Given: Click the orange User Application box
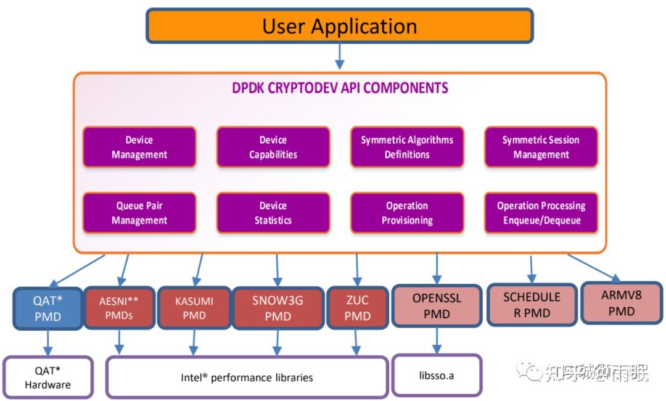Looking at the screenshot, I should coord(339,26).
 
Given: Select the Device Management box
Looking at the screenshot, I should coord(139,147).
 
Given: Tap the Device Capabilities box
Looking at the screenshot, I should coord(273,147).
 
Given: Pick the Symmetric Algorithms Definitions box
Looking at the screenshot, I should coord(407,147).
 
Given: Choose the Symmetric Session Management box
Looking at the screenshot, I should coord(541,147).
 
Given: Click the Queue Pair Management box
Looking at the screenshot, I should coord(139,213).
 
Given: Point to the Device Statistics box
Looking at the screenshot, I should coord(273,213).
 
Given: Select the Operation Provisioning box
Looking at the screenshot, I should coord(407,213).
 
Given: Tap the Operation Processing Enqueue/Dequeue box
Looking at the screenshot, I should coord(541,213).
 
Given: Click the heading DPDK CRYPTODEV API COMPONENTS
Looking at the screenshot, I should coord(340,88).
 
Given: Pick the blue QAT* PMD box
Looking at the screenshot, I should coord(48,308).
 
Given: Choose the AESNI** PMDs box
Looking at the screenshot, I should coord(118,308).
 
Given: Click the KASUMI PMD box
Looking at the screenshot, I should coord(194,308).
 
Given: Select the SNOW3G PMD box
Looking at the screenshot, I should coord(277,308).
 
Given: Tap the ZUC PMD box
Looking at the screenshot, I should coord(357,308).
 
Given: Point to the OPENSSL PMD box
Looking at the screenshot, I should coord(437,305).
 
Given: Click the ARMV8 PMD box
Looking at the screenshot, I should coord(621,303).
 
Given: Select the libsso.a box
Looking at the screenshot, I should coord(437,375).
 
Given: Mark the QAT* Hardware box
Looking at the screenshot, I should coord(48,376).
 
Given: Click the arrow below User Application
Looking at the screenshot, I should coord(339,57).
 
